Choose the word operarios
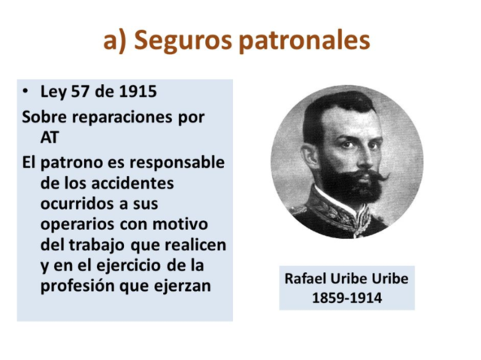tap(80, 225)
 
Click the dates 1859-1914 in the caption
tap(346, 298)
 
